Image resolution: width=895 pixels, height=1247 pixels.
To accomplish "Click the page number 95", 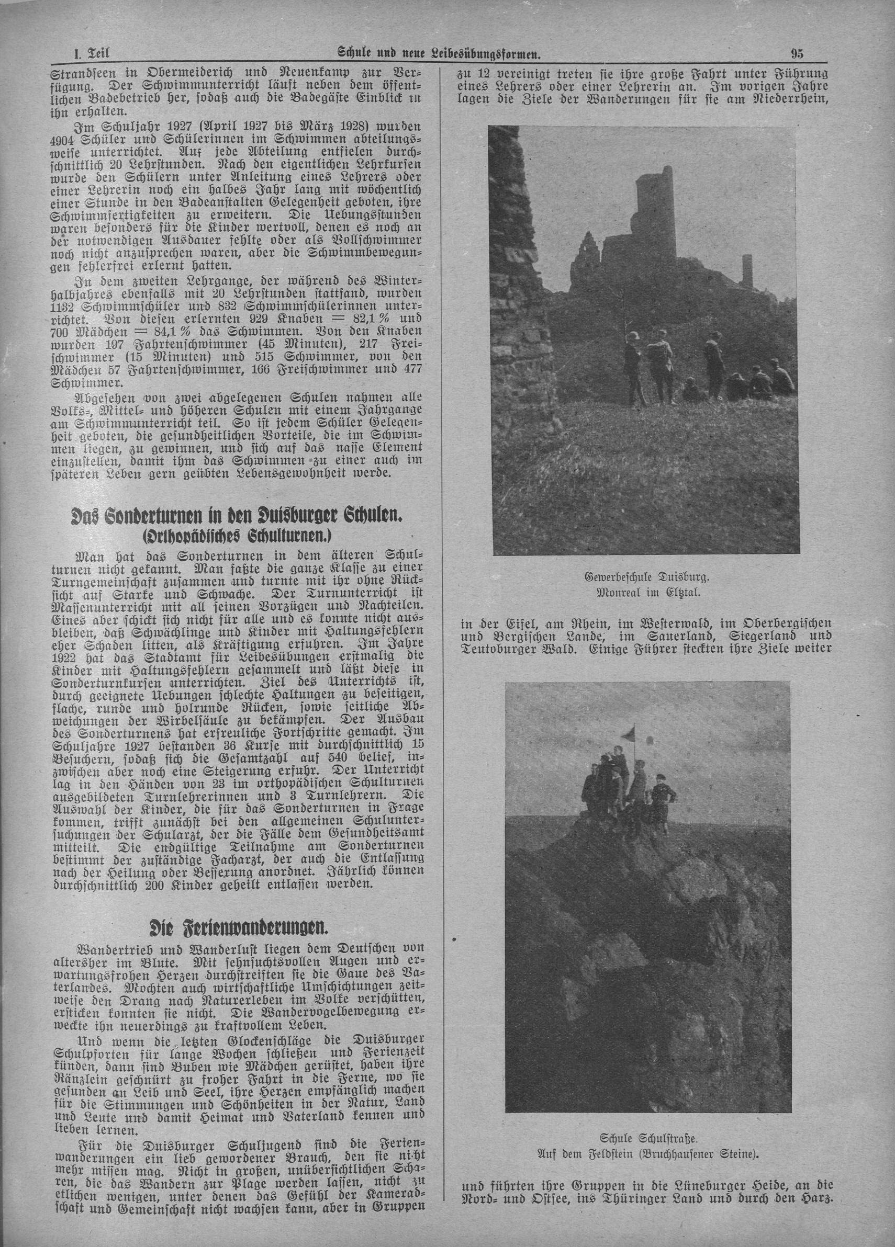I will [798, 54].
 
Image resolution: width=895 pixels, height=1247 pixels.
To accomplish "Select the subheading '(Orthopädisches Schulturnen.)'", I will [240, 536].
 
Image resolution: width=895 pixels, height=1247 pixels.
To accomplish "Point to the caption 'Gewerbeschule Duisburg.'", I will [646, 578].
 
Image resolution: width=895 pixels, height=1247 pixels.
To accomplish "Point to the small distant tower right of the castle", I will [746, 269].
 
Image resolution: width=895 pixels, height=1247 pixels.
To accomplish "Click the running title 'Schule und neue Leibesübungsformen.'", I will [439, 54].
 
